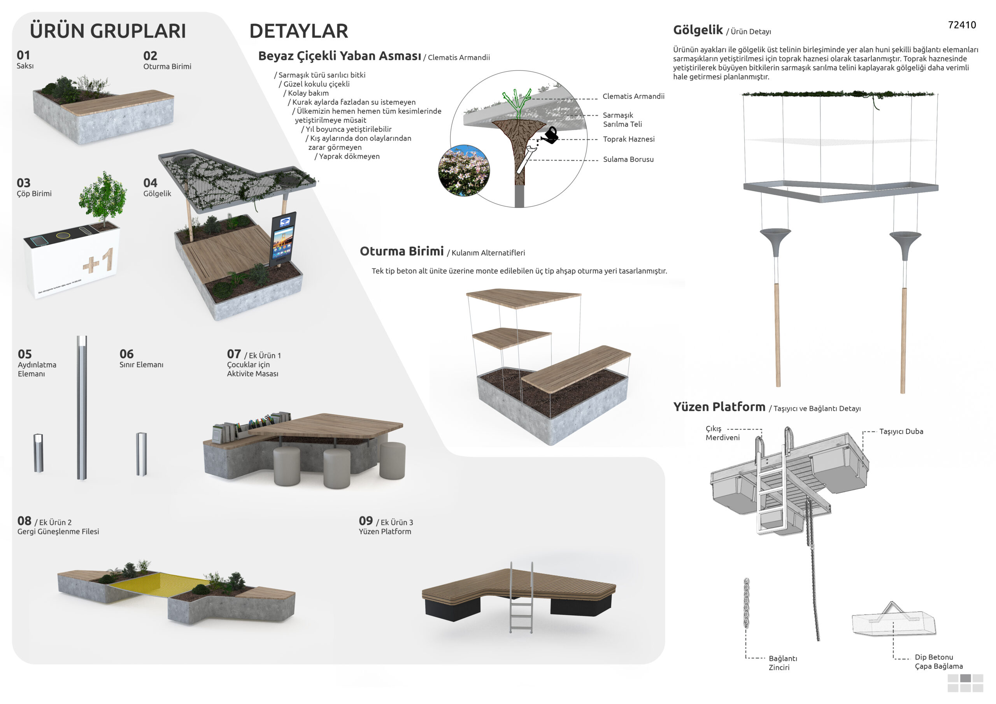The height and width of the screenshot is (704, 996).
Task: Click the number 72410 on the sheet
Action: pos(962,25)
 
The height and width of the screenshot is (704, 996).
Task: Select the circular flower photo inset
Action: pos(464,171)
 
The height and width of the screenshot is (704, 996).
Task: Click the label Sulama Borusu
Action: pos(628,159)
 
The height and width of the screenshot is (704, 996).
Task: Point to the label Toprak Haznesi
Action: pos(629,139)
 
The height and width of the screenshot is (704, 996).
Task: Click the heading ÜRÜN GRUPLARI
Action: pos(108,30)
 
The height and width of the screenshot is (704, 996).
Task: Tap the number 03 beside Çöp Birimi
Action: pos(23,183)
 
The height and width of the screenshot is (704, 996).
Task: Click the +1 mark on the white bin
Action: pos(98,260)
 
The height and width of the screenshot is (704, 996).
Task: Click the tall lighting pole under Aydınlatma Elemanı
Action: pos(82,408)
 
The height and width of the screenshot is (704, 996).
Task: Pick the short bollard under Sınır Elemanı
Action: pos(141,454)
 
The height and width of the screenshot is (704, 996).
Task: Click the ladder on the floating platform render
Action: pos(521,597)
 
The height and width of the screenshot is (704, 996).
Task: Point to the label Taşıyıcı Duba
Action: pos(901,431)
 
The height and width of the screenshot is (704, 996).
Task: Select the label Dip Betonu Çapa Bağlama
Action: pos(939,662)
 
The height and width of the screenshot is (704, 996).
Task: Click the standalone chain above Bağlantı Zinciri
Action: pos(746,603)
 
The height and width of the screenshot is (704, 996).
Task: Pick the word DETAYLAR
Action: pos(298,31)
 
